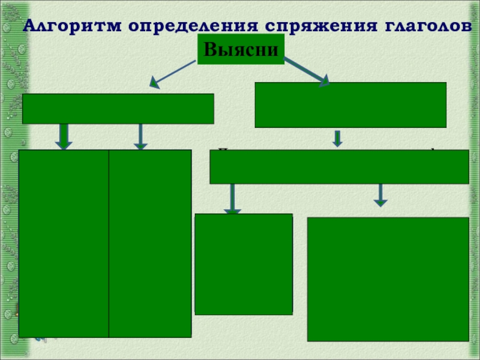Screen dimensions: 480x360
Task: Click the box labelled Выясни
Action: [x=241, y=49]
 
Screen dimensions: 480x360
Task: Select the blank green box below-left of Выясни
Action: [x=118, y=109]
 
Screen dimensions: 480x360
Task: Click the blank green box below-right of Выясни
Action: [x=350, y=105]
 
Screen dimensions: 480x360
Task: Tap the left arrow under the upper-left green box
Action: [x=64, y=136]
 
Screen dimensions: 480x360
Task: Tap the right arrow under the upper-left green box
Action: [x=140, y=136]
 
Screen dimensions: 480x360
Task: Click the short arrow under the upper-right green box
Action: [x=337, y=139]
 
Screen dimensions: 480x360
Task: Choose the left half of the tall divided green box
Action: [x=64, y=243]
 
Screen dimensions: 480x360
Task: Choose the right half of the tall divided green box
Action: [x=150, y=243]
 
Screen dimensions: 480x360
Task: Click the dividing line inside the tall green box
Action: [x=109, y=243]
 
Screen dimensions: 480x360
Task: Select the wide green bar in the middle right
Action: [x=339, y=167]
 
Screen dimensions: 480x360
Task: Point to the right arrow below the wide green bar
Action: [x=380, y=195]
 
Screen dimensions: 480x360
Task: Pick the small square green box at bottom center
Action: [x=244, y=264]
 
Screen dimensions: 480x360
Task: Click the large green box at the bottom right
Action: [x=388, y=279]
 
